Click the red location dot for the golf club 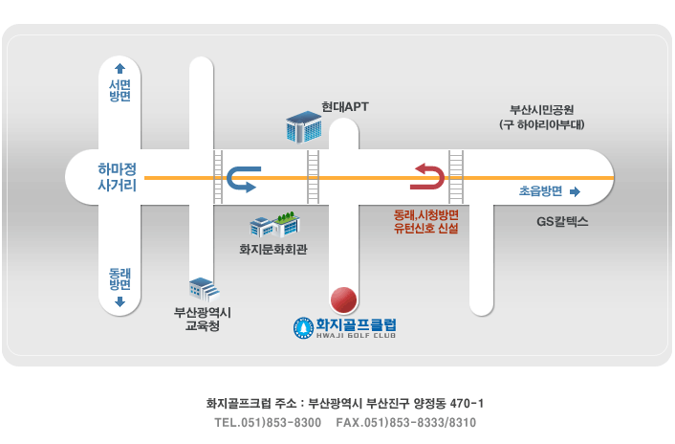pos(343,300)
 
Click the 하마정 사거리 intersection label pos(117,177)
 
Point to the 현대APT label pos(345,106)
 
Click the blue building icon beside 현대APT pos(304,127)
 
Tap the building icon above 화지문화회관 pos(275,224)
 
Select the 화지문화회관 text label pos(273,249)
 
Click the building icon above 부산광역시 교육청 pos(204,289)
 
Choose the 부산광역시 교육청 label pos(203,319)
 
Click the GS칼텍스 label pos(562,222)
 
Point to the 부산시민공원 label pos(542,110)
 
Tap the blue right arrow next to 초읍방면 pos(575,191)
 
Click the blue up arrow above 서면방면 pos(120,69)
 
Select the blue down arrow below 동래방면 pos(120,301)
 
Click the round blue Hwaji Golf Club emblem pos(303,328)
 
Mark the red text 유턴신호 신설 pos(425,229)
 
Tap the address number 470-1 pos(467,404)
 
